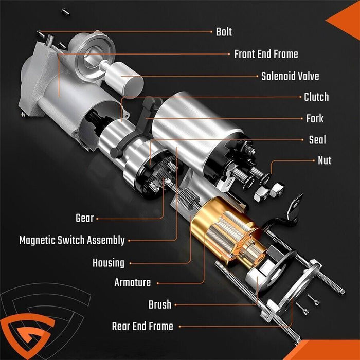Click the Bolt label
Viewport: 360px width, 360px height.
(x=224, y=32)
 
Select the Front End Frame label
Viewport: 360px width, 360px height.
(x=266, y=54)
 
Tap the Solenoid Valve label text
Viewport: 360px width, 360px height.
(x=290, y=76)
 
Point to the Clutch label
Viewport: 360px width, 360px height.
(x=316, y=97)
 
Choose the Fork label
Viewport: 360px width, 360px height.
(x=315, y=119)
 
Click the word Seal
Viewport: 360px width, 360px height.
(x=317, y=140)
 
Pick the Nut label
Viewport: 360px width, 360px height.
(x=324, y=160)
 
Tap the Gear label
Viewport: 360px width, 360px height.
(x=85, y=218)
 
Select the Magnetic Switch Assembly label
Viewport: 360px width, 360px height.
(x=72, y=240)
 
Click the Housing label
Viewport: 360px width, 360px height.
(x=109, y=263)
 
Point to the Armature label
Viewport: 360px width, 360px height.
(x=133, y=282)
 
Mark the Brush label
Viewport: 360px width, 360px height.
(x=159, y=304)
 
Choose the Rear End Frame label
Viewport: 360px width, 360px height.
(x=142, y=326)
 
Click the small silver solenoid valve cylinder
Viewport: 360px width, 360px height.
(x=123, y=76)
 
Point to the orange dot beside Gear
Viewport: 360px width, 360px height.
(x=97, y=219)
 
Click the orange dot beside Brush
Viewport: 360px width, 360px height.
(x=175, y=304)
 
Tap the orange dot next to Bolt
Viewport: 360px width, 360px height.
(x=211, y=32)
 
